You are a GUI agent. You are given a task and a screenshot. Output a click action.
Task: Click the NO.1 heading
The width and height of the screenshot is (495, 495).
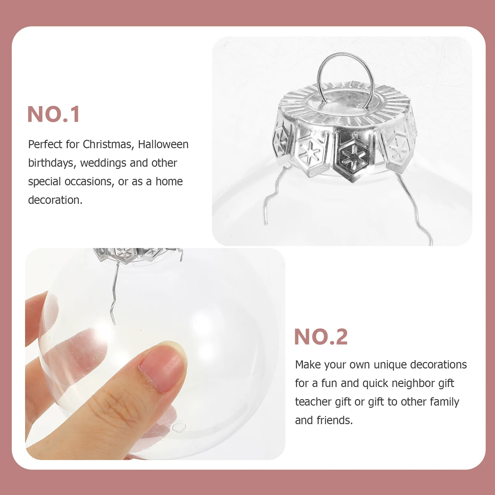tap(54, 114)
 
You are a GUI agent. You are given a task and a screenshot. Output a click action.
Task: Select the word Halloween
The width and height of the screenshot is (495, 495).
tap(163, 144)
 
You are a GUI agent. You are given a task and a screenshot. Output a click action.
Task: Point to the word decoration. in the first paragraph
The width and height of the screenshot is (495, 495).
tap(55, 200)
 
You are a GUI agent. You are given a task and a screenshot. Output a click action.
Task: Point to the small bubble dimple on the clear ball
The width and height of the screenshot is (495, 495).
tap(179, 427)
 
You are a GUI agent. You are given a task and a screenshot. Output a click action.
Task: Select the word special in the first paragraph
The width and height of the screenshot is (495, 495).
tap(45, 182)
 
